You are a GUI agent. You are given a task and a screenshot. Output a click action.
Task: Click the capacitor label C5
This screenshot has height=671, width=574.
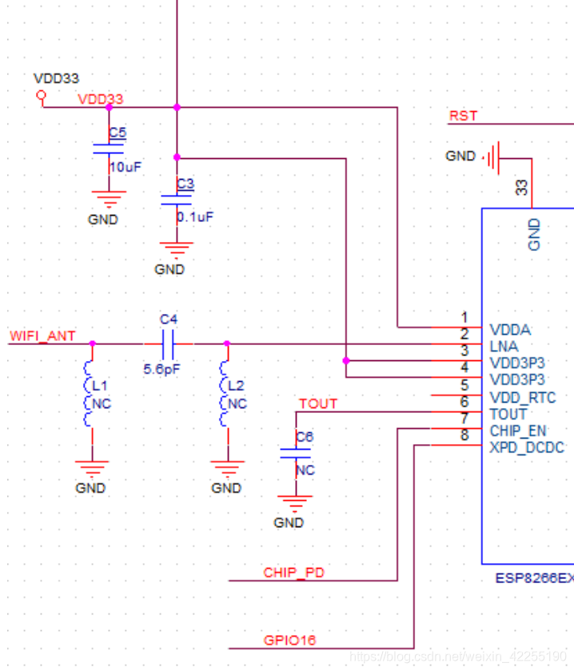coord(118,132)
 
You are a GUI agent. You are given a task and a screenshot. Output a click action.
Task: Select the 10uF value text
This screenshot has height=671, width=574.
coord(125,167)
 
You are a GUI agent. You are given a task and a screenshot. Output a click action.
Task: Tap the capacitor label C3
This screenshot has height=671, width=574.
coord(185,183)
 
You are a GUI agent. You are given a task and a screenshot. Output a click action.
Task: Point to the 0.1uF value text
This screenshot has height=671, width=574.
coord(195,216)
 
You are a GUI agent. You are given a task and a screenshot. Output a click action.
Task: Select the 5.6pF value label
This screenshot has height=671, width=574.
coord(162,370)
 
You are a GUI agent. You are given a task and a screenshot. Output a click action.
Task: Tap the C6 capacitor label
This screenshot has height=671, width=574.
coord(305,437)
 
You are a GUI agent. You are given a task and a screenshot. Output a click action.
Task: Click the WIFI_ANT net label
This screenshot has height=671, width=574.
coord(42,335)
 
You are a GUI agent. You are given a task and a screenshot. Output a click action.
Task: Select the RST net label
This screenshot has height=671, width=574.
coord(463,116)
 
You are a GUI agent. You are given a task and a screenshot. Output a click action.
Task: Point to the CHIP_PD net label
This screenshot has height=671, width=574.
coord(293,572)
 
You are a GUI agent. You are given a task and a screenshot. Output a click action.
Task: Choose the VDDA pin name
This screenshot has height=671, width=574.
coord(509,329)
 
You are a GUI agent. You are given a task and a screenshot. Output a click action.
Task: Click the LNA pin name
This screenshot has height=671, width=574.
coord(503,346)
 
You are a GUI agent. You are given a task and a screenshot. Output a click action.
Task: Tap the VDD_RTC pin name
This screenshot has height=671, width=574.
coord(522,397)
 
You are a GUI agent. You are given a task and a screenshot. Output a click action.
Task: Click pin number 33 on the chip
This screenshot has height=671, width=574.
coord(521,188)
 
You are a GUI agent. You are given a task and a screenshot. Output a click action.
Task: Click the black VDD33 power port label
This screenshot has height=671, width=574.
coord(56,78)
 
